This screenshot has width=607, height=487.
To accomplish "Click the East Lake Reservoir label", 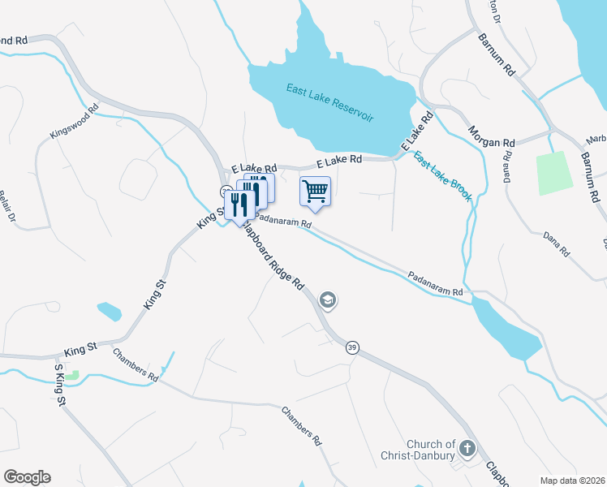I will tap(329, 102).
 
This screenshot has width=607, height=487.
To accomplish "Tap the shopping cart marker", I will tap(315, 192).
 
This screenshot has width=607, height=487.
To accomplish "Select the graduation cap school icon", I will tap(328, 301).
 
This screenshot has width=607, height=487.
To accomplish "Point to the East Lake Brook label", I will tap(442, 176).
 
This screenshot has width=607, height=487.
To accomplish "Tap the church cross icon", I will tap(467, 448).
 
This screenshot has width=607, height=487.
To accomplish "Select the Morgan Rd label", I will tap(492, 136).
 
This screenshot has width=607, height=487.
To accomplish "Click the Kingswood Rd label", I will tap(74, 120).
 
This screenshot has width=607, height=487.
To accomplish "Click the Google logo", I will tap(27, 477).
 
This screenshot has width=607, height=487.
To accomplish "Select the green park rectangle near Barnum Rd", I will tap(552, 171).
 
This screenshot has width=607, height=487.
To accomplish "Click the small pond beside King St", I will tap(109, 311).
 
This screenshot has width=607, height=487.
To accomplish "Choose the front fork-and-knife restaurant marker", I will tap(239, 204).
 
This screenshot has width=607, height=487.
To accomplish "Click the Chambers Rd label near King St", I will tap(136, 364).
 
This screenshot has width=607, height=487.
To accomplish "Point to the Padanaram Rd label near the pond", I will tap(435, 282).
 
